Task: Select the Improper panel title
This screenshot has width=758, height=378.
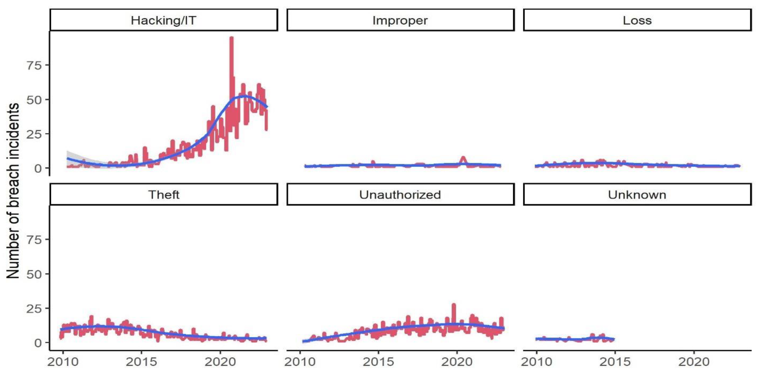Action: click(400, 20)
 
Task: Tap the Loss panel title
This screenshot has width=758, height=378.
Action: click(637, 20)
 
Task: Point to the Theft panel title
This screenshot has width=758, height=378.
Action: click(164, 195)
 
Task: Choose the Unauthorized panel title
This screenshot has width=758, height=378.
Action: click(400, 195)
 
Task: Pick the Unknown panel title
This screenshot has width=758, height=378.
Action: click(637, 195)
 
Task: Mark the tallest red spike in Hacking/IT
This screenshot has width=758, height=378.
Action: click(231, 38)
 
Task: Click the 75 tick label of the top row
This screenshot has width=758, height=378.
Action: click(34, 65)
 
